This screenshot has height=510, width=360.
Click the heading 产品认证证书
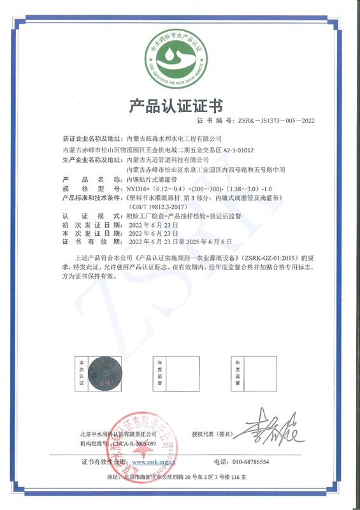[179, 105]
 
